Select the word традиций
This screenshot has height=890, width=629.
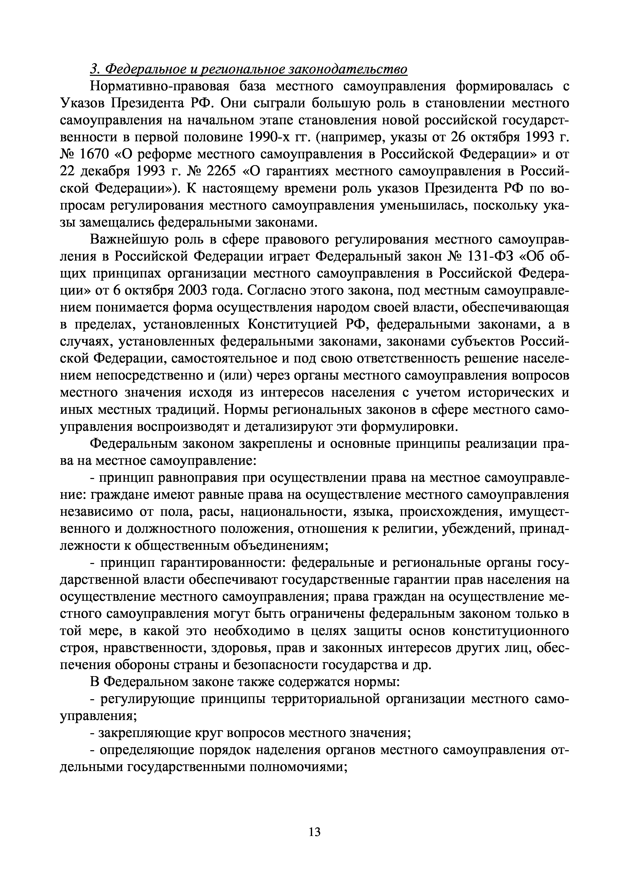tap(185, 410)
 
